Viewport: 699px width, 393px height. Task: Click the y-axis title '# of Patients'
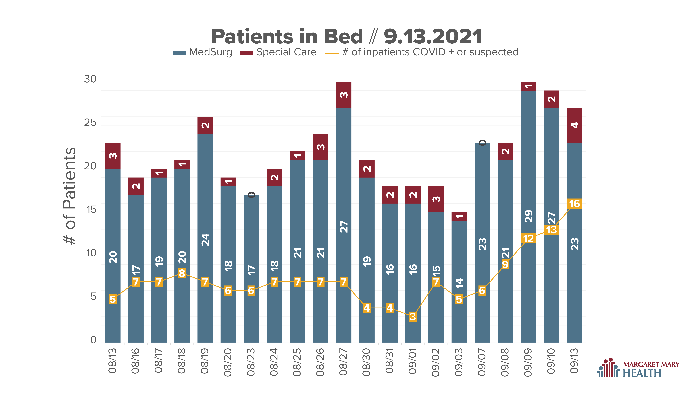[x=69, y=196]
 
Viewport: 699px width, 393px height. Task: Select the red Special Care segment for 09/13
[x=574, y=125]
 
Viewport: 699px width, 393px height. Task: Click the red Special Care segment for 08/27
[x=344, y=95]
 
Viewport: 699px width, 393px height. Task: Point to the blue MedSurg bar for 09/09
[x=528, y=216]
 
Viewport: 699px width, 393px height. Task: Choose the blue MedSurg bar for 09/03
[x=459, y=282]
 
